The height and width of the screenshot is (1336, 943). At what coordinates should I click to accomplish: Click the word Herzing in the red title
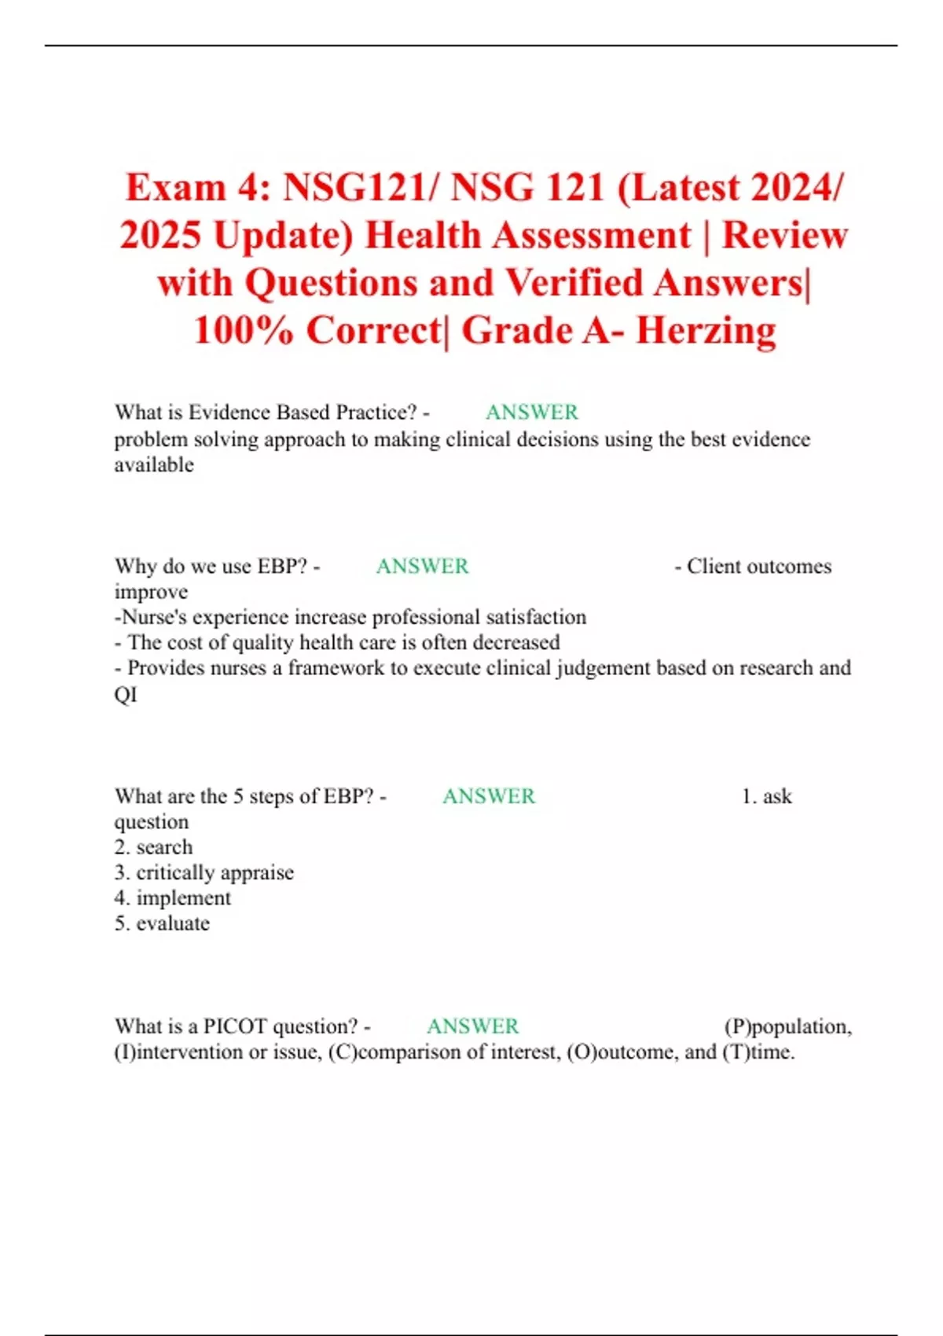tap(706, 330)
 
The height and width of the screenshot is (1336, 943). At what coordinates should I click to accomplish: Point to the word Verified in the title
tap(577, 283)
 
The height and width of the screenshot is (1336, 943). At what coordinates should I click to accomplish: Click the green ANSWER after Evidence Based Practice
tap(531, 412)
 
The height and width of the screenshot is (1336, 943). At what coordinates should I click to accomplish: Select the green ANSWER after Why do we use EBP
tap(422, 566)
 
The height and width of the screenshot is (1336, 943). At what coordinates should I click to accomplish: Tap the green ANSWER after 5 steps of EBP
tap(488, 796)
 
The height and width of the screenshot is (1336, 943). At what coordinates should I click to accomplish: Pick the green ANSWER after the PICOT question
tap(472, 1026)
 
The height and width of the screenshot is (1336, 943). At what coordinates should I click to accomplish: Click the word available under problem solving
tap(154, 464)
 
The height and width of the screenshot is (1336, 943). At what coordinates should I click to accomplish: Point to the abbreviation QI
tap(126, 694)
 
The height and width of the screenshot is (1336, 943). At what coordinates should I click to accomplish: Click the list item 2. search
tap(153, 847)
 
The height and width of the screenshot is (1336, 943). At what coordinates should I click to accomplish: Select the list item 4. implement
tap(172, 897)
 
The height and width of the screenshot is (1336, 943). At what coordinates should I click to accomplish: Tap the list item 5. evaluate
tap(162, 923)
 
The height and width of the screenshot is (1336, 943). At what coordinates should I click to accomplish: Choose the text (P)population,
tap(787, 1026)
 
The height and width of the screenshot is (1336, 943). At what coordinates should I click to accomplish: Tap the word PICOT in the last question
tap(235, 1026)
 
